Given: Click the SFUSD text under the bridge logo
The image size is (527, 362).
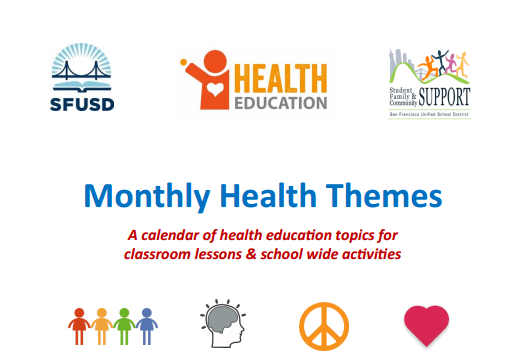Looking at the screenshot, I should click(82, 102).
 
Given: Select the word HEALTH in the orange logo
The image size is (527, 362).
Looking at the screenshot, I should click(282, 77).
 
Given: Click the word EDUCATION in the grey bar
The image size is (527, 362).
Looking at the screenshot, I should click(282, 100).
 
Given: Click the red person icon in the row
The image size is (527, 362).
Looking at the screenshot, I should click(79, 327).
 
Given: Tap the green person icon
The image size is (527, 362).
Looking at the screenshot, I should click(125, 327).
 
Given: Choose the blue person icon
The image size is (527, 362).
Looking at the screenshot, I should click(147, 327).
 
